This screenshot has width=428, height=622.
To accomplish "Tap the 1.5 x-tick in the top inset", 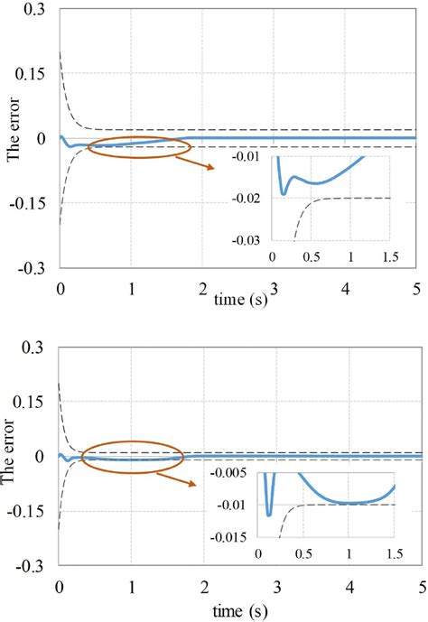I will (x=391, y=257).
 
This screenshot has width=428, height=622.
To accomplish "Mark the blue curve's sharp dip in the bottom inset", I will (x=269, y=515).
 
